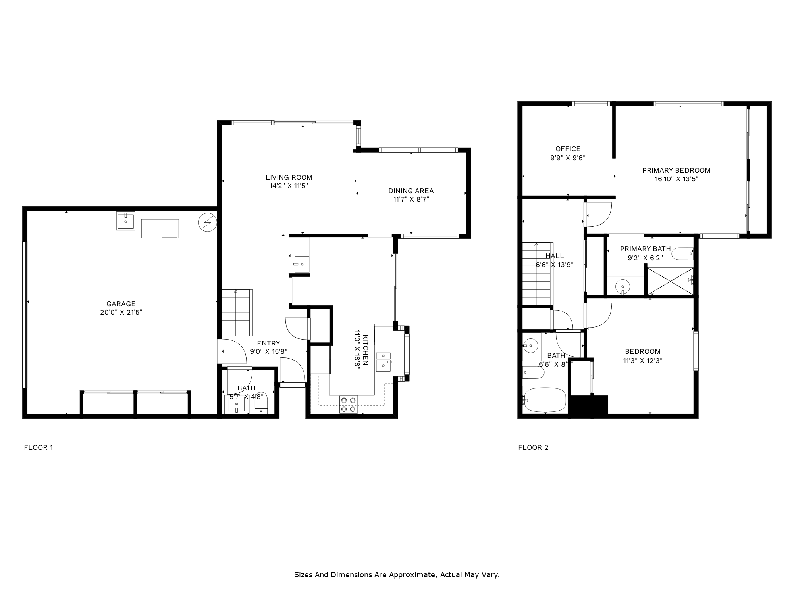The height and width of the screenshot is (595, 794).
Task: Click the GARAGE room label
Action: click(x=121, y=304)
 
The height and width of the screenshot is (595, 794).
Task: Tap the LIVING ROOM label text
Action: click(x=289, y=177)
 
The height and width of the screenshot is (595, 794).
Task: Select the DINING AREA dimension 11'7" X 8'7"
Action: click(x=411, y=200)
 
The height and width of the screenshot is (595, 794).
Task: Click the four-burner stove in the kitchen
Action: click(x=349, y=405)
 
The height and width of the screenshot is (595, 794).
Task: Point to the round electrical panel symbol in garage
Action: click(x=207, y=223)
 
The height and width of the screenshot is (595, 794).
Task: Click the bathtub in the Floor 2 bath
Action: click(x=545, y=400)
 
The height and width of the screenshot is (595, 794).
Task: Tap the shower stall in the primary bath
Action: click(x=670, y=281)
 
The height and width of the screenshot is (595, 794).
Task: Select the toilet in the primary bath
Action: click(x=683, y=254)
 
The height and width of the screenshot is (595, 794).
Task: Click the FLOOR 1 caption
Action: click(x=39, y=447)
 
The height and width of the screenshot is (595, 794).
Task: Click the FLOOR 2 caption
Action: click(x=533, y=447)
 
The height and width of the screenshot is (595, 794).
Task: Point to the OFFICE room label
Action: click(x=568, y=149)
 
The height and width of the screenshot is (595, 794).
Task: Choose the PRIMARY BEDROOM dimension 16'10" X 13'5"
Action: click(x=676, y=179)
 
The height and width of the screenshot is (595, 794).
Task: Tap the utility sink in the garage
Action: click(x=126, y=221)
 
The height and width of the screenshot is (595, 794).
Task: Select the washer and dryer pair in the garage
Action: click(x=160, y=228)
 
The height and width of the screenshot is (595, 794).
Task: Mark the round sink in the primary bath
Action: click(x=622, y=286)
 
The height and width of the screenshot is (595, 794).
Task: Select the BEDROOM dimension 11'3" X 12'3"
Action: click(x=642, y=361)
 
